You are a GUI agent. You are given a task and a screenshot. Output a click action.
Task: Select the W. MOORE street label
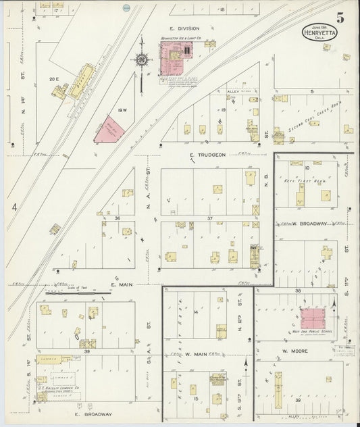pos(294,351)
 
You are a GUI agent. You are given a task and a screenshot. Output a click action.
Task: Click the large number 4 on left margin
pos(14,210)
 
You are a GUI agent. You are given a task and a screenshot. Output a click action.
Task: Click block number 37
pos(210,218)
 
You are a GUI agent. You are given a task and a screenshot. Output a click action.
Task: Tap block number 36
pos(117,218)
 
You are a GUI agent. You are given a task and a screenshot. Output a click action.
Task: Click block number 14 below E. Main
pos(195,311)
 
